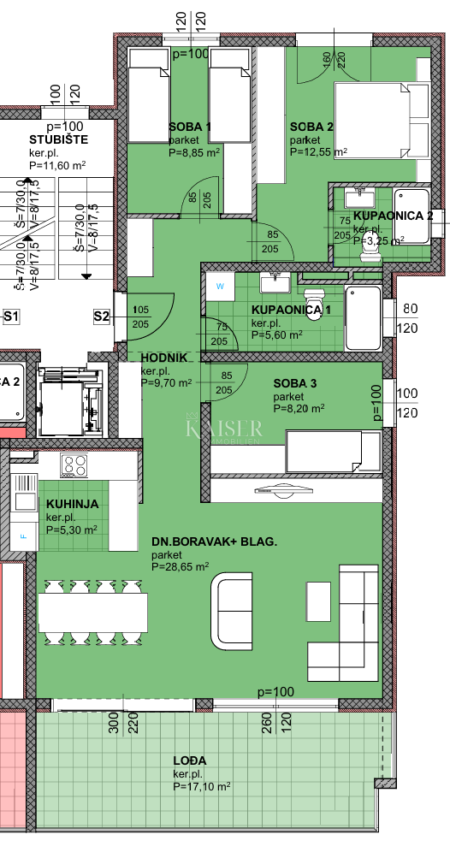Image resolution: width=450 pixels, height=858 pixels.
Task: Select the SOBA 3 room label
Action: point(296,384)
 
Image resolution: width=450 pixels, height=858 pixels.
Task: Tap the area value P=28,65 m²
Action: point(181,566)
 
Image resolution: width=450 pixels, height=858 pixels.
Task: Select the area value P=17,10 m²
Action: point(201,786)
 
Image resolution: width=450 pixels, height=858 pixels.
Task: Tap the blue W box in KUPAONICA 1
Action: point(220,286)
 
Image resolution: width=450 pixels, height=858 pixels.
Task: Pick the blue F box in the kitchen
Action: point(23,536)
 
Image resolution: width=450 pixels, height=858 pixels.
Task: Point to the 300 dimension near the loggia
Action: point(112,728)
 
